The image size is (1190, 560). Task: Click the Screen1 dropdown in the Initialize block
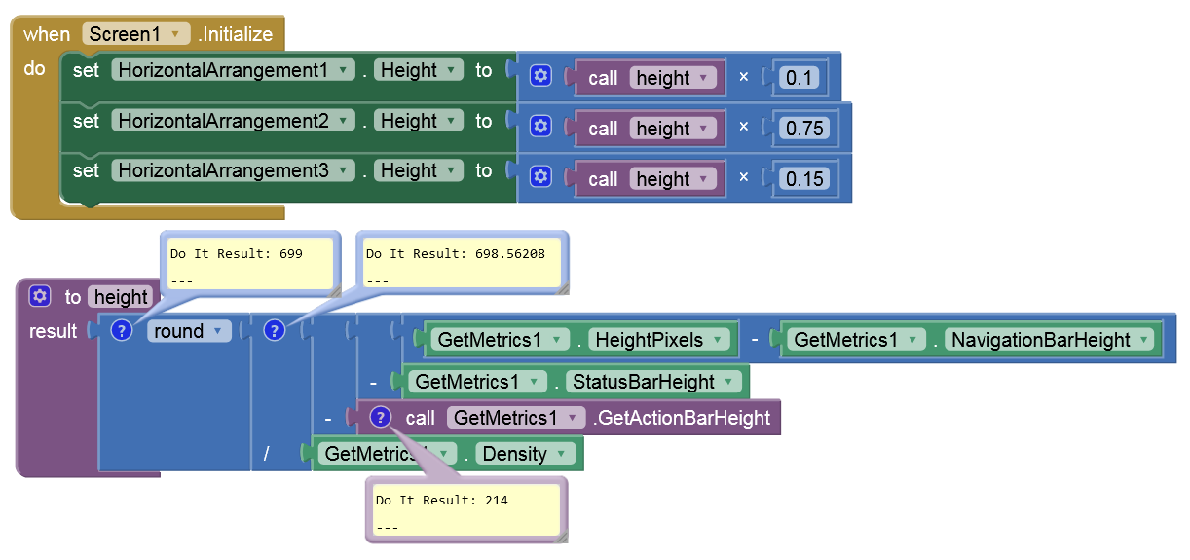135,34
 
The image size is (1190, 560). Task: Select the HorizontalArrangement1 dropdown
233,70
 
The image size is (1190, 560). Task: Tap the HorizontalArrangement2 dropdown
233,121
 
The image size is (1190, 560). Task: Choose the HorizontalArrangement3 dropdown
233,170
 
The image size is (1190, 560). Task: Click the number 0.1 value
799,78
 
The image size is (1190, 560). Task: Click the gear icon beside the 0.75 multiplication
542,127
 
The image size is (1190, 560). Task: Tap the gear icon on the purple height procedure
40,296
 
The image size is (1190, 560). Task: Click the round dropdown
189,331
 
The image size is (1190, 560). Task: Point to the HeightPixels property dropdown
660,340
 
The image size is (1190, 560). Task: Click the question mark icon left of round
121,331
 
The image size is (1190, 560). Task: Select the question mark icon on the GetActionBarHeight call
381,418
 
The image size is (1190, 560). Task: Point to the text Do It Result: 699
237,254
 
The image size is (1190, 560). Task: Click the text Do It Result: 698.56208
455,254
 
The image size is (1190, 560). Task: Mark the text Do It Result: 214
442,501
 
